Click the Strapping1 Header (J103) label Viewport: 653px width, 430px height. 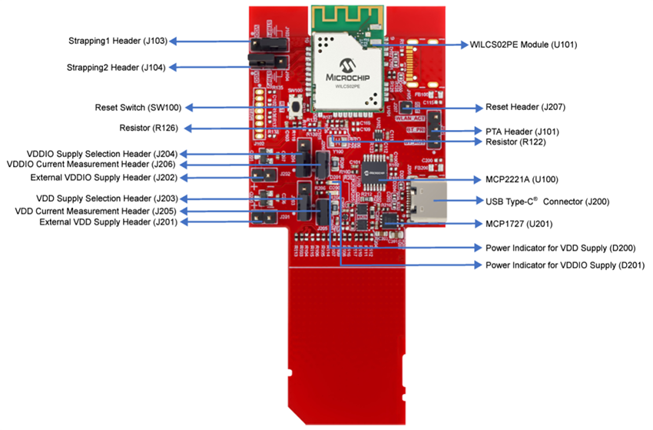click(116, 40)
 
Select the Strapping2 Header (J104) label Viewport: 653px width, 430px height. click(116, 68)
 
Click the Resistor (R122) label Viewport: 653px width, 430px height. click(518, 142)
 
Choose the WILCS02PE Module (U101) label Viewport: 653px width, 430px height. click(529, 45)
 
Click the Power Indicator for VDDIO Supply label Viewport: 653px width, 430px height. click(565, 265)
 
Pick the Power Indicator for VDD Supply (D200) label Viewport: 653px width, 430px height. click(559, 248)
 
